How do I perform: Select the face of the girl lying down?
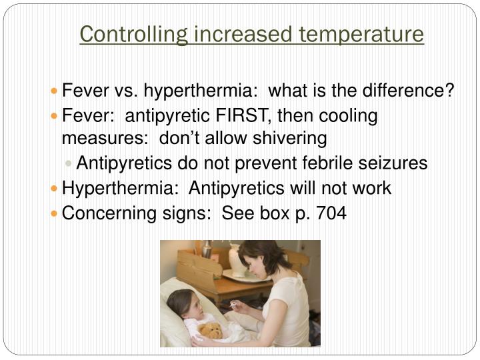[x=186, y=308]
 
